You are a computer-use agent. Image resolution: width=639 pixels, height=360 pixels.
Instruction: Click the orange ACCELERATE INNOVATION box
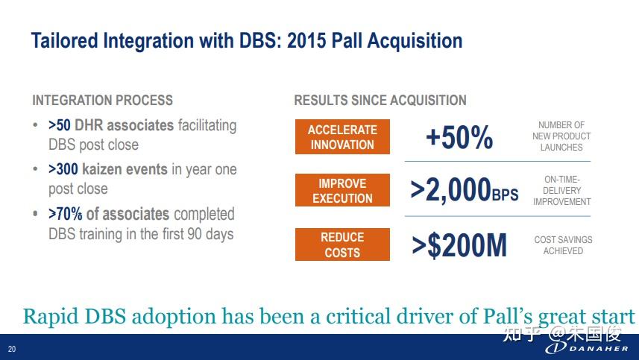pos(342,137)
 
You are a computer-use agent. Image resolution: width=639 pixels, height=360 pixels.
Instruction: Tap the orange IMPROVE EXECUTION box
pos(342,190)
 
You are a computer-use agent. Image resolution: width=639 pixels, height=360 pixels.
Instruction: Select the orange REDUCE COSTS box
pos(342,244)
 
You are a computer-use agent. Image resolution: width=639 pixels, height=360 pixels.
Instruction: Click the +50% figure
pos(459,137)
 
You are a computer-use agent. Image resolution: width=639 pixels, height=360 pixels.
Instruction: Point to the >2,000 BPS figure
pos(465,190)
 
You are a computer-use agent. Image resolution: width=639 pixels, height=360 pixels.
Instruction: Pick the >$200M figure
pos(459,245)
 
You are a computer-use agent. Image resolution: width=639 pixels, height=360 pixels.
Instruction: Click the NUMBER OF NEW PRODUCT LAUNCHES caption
pos(561,136)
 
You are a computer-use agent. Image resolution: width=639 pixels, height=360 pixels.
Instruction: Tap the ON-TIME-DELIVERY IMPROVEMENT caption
pos(561,190)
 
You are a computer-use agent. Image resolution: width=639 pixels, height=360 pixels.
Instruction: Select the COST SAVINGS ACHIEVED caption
pos(563,245)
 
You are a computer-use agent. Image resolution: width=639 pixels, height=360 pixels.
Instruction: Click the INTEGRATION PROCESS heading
pos(103,100)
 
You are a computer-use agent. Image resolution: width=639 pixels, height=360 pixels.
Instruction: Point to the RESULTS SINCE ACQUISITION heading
pos(380,100)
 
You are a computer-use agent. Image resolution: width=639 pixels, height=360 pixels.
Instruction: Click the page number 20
pos(12,349)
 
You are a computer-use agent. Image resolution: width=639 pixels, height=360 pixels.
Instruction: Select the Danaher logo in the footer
pos(588,348)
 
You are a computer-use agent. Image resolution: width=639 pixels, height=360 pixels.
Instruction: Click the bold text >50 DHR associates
pos(111,125)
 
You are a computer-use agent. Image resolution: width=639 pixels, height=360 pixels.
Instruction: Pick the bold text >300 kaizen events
pos(107,169)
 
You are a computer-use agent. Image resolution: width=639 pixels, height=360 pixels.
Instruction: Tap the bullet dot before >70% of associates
pos(36,213)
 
